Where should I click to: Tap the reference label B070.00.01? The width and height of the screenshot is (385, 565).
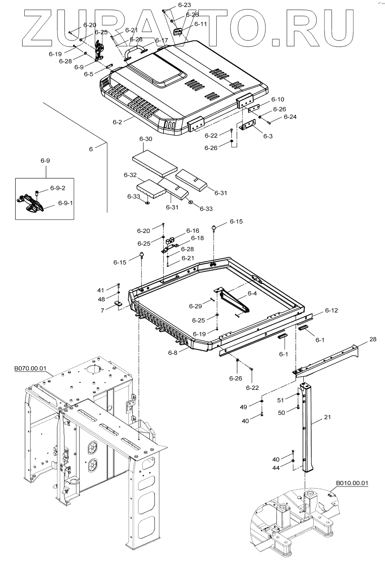point(31,368)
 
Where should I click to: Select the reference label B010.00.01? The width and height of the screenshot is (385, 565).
point(352,483)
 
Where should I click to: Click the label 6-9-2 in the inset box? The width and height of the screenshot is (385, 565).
point(58,188)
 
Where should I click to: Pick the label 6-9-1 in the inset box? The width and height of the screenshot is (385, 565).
point(65,203)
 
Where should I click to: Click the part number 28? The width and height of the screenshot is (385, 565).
point(373,339)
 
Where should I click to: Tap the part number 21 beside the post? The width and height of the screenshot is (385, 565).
point(327,417)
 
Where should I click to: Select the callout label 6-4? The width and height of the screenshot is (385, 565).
point(252,294)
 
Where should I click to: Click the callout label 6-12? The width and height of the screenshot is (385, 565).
point(331,310)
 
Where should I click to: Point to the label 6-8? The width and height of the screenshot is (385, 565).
point(173,353)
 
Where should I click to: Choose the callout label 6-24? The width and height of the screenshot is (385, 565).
point(290,117)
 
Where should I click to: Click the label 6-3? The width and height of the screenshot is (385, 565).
point(268,136)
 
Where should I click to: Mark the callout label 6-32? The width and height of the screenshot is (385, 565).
point(130,175)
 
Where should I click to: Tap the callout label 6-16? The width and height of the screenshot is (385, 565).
point(192,231)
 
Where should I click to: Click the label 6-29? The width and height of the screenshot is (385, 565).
point(195,306)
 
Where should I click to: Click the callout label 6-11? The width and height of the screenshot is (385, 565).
point(201,24)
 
